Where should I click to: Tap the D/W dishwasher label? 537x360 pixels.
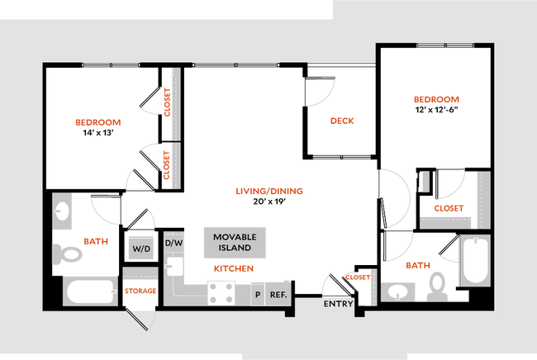click(x=173, y=243)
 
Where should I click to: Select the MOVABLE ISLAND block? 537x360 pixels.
click(x=235, y=242)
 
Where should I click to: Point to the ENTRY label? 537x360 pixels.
click(x=338, y=305)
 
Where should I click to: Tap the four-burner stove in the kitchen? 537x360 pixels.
click(x=223, y=292)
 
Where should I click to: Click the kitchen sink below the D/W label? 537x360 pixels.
click(x=173, y=268)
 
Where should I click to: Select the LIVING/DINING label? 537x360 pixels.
click(x=270, y=191)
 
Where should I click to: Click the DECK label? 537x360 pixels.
click(x=342, y=121)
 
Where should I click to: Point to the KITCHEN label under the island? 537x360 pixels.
click(x=233, y=268)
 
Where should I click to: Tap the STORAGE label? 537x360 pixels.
click(x=140, y=291)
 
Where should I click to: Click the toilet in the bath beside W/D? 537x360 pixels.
click(x=68, y=253)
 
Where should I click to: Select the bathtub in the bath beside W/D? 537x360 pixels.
click(x=90, y=291)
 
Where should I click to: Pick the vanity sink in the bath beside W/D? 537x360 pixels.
click(x=62, y=212)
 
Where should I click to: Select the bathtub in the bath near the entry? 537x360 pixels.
click(x=475, y=259)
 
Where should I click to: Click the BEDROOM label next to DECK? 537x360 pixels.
click(x=436, y=100)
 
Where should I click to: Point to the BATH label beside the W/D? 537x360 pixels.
click(x=96, y=241)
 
